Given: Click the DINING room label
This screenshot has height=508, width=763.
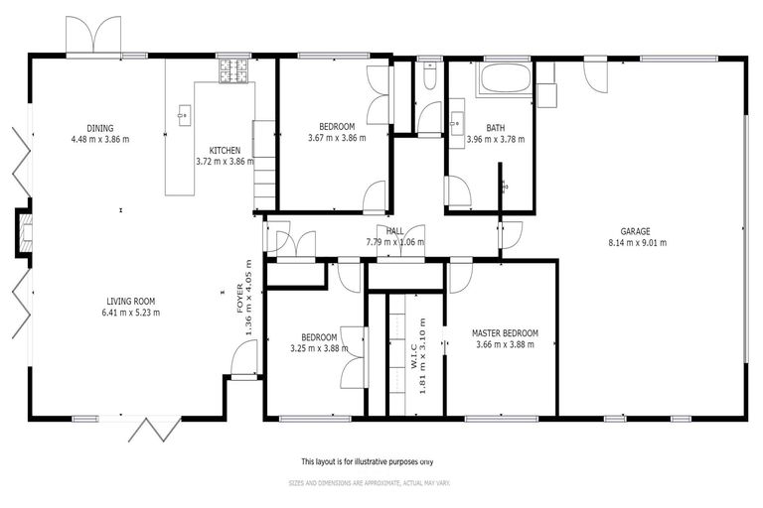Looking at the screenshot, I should tap(99, 128).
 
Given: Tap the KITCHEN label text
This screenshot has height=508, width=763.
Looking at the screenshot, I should tap(225, 150).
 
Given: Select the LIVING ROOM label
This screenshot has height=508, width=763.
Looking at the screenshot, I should tap(130, 301).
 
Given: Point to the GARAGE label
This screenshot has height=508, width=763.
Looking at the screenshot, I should tap(636, 231).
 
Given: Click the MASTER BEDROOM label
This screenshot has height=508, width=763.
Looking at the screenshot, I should tap(505, 333).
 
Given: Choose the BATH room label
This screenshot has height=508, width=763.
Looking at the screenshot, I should tap(495, 128).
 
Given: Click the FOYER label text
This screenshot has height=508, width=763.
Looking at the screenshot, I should tap(239, 298).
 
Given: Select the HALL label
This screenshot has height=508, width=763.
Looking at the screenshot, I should tap(395, 230).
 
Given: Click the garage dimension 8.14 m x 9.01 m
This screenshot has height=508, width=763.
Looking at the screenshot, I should tap(637, 243).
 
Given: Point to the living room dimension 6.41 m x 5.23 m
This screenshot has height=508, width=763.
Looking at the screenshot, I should tap(130, 313).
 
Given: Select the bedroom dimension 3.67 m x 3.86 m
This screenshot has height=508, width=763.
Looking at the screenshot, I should tap(337, 138).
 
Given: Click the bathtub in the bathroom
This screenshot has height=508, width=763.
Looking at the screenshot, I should tap(504, 79).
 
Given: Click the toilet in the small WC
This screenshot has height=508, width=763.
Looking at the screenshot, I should tap(429, 77).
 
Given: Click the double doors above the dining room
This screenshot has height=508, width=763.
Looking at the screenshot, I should tap(92, 37).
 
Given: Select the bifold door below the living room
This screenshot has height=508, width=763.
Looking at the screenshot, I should tap(154, 429).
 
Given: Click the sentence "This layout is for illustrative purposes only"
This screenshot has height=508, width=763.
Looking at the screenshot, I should tap(368, 461).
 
